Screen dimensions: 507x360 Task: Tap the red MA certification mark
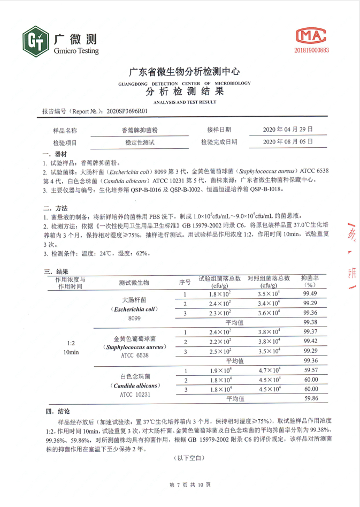click(x=311, y=35)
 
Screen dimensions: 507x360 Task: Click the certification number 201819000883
click(x=311, y=50)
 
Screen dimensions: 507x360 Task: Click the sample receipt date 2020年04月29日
click(x=287, y=130)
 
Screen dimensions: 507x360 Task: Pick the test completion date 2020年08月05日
click(x=287, y=142)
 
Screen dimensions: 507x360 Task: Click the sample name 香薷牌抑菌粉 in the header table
click(x=140, y=130)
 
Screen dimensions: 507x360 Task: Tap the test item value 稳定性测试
click(x=140, y=142)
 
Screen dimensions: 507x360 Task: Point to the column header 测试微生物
click(x=134, y=282)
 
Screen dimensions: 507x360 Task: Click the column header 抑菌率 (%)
click(x=310, y=282)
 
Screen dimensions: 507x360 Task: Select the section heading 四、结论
click(x=57, y=411)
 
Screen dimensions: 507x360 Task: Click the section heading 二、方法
click(x=56, y=208)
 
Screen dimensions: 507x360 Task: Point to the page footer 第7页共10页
click(x=190, y=485)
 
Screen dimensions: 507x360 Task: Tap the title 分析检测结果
click(x=185, y=91)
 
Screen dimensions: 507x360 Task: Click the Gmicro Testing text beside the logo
click(x=76, y=51)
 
